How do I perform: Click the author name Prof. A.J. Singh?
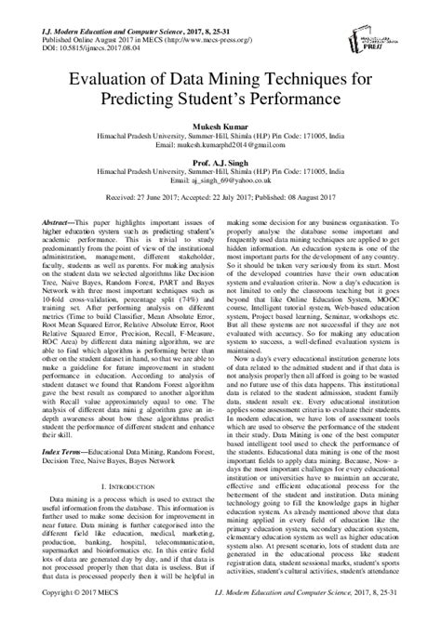click(x=220, y=162)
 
